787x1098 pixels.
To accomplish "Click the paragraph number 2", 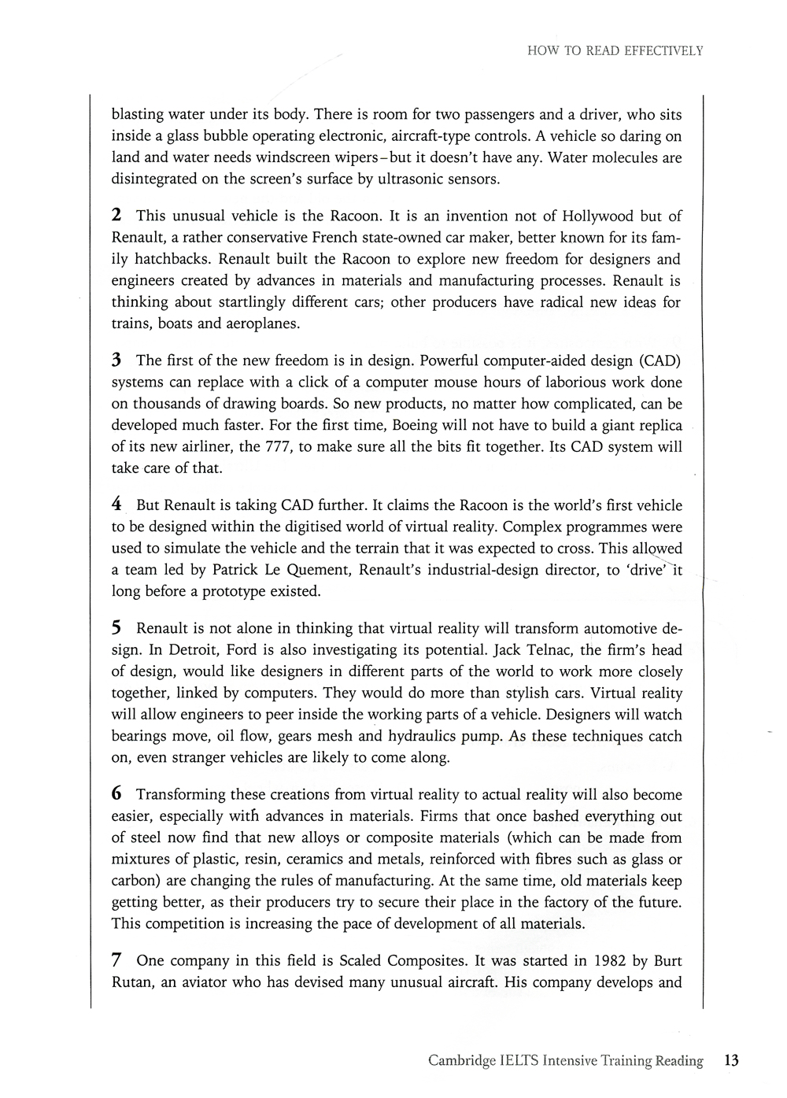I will tap(116, 216).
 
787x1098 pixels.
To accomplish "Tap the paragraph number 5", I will tap(116, 628).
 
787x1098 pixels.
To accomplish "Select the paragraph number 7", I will tap(116, 960).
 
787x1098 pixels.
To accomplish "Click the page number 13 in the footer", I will tap(731, 1060).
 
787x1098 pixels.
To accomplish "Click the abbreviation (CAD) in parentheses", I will tap(655, 360).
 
